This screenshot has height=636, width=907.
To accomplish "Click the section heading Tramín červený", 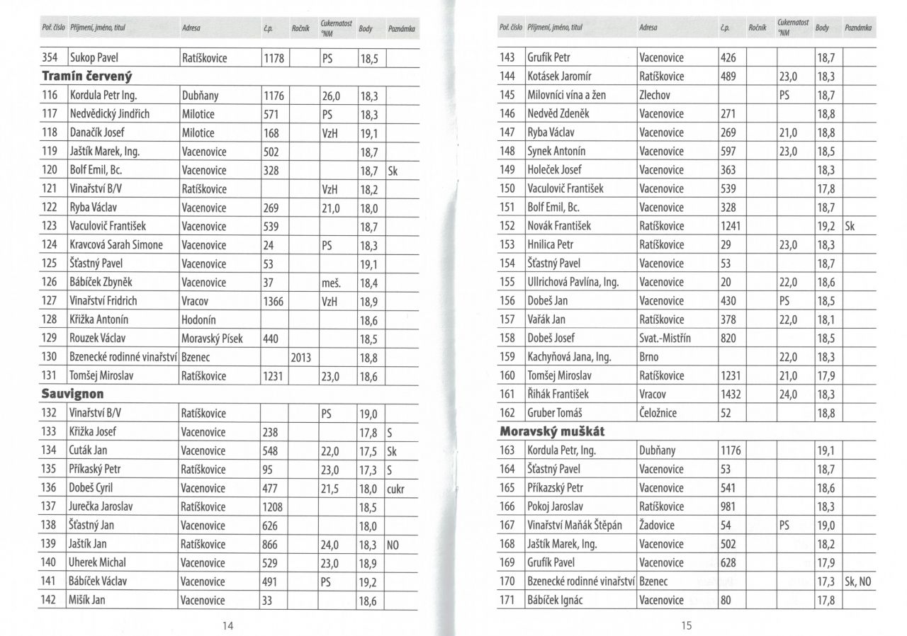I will point(88,76).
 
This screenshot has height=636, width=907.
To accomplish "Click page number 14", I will point(228,625).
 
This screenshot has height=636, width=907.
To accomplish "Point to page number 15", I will point(685,625).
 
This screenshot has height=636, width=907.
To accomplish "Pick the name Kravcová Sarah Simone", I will point(116,245).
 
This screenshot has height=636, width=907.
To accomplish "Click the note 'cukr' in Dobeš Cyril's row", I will point(396,488).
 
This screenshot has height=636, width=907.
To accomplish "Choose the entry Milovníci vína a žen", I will point(567,95).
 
